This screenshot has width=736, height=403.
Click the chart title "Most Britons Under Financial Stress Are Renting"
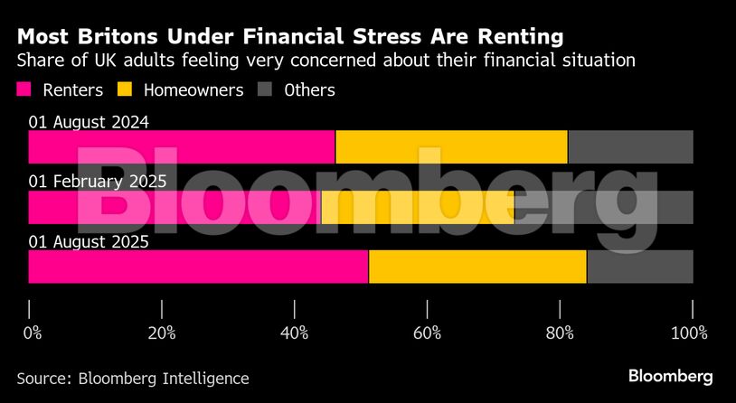coord(289,37)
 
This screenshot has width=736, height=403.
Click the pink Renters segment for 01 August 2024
coord(181,147)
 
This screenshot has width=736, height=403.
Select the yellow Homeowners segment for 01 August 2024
coord(451,147)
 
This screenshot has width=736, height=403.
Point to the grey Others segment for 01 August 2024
coord(630,147)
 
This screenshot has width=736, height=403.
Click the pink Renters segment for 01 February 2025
coord(175,207)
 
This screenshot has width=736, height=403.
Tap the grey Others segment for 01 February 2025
coord(603,207)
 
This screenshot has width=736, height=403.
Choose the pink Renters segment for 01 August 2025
coord(198,267)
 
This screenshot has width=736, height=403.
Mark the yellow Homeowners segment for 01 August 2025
coord(477,267)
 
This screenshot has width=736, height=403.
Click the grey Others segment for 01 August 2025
coord(640,267)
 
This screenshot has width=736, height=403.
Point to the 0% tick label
coord(32,333)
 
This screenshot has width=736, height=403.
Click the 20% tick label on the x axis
coord(161,333)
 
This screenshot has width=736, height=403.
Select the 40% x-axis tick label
coord(295,333)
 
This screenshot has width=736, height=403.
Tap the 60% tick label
coord(427,333)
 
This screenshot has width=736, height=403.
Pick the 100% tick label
coord(689,333)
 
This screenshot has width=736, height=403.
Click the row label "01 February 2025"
coord(98,181)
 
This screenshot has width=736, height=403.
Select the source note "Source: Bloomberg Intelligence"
coord(132,378)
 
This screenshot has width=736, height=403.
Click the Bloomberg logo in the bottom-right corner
coord(670,376)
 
